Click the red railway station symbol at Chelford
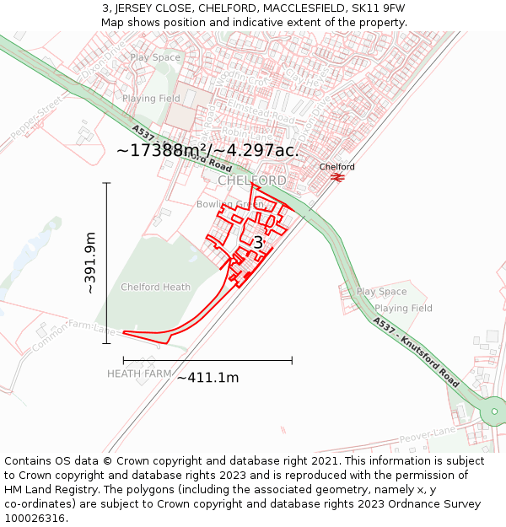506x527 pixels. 336,177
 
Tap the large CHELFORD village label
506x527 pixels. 251,181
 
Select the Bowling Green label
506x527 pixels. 230,205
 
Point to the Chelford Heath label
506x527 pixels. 155,288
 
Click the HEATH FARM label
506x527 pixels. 139,374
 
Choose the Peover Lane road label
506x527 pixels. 428,435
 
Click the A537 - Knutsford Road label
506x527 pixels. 416,352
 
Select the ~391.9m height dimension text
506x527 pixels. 90,263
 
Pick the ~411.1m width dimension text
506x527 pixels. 207,378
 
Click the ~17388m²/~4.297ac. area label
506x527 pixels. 207,150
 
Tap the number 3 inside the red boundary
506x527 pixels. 258,243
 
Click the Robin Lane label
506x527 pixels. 245,133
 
